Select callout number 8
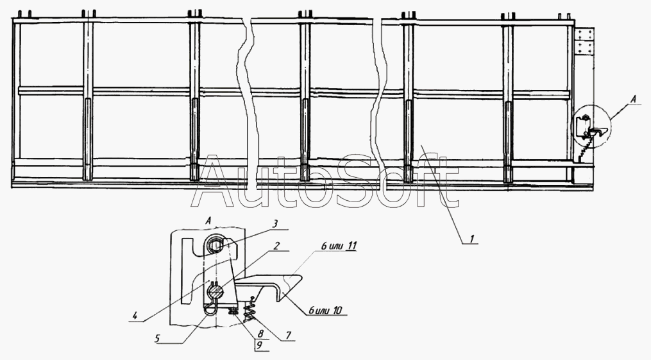pos(259,334)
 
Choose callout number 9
pos(259,345)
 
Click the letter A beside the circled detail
pos(634,99)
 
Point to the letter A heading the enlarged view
pos(209,219)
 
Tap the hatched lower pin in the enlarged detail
pos(216,292)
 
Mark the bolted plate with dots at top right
pos(584,42)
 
